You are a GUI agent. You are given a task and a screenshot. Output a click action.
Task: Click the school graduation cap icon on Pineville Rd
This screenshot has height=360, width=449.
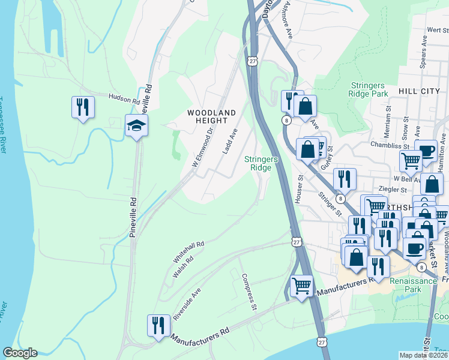[x=136, y=125]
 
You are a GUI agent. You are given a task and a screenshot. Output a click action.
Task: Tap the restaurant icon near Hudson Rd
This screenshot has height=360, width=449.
[x=82, y=107]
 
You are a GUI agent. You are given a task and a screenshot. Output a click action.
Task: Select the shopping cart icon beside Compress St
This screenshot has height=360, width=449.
[x=301, y=285]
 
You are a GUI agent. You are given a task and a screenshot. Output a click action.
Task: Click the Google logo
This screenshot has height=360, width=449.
[x=20, y=353]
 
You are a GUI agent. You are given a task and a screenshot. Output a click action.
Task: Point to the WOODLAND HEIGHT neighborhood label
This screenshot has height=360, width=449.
[x=211, y=116]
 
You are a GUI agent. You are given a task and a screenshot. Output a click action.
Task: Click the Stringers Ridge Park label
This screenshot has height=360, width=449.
[x=368, y=89]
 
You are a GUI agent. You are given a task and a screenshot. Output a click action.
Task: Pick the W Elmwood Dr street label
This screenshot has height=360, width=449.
[x=203, y=146]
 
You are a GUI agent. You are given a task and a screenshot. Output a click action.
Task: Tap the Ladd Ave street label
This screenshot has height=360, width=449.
[x=231, y=141]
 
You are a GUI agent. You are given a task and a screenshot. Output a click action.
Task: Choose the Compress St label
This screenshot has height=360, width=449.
[x=249, y=292]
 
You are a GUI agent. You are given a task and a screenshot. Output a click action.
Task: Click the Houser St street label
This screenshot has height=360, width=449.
[x=298, y=189]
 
